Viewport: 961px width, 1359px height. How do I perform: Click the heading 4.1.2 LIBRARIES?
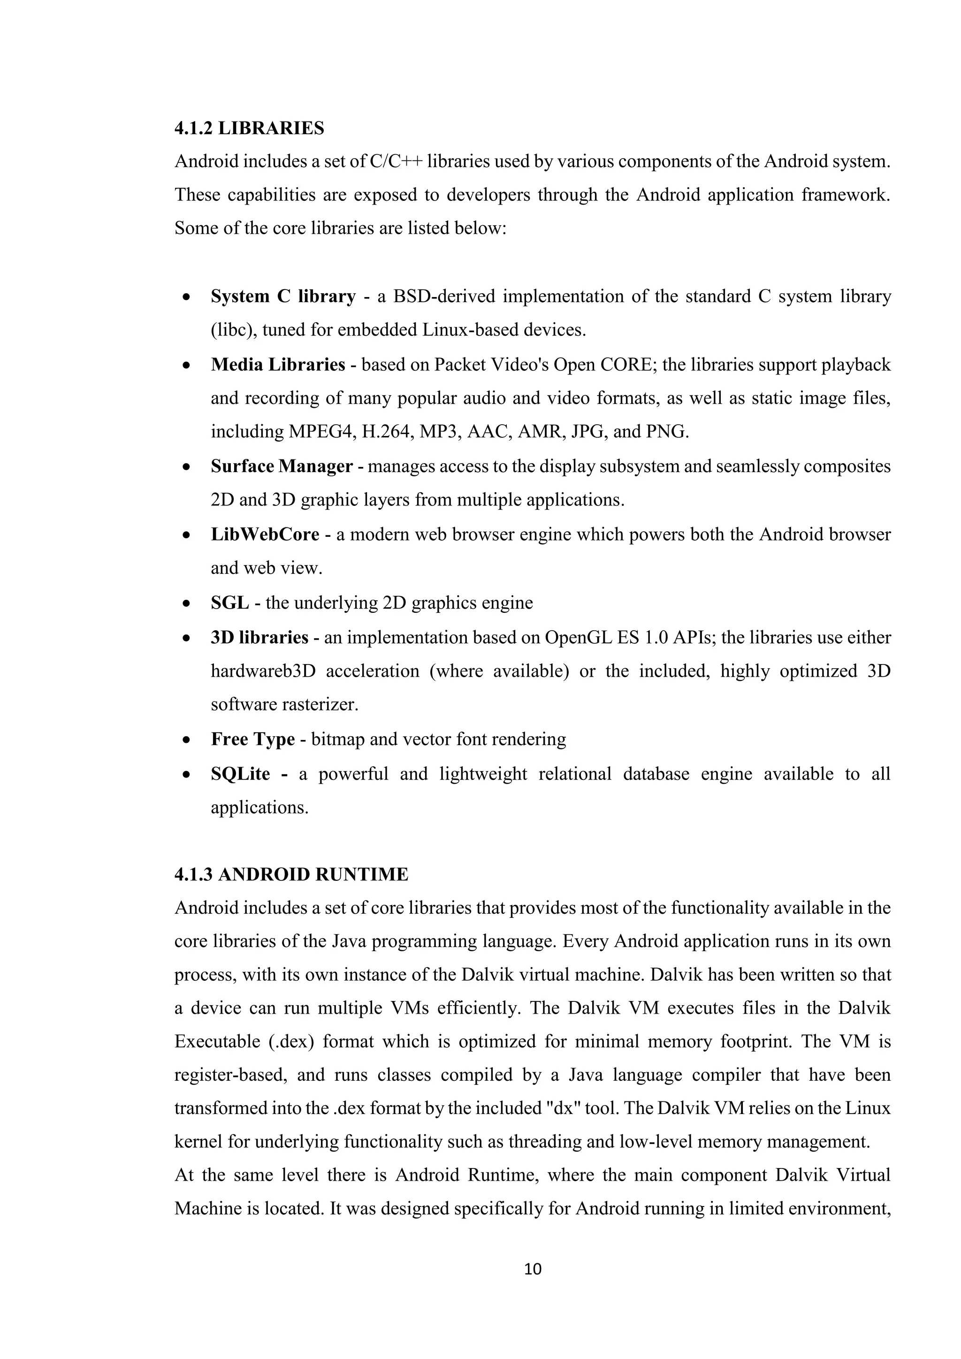pyautogui.click(x=249, y=129)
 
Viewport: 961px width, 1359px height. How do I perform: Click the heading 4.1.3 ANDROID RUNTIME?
pyautogui.click(x=291, y=874)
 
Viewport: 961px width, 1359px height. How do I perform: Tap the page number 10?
pyautogui.click(x=533, y=1268)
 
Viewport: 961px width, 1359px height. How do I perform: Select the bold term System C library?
pyautogui.click(x=283, y=296)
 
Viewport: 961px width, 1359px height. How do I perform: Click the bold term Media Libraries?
pyautogui.click(x=277, y=364)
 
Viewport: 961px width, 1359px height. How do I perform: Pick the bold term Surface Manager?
pyautogui.click(x=282, y=466)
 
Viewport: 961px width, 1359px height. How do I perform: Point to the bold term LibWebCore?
pyautogui.click(x=265, y=534)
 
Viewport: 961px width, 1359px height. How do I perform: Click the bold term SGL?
pyautogui.click(x=229, y=603)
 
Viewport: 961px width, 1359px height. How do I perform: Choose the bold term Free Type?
pyautogui.click(x=252, y=739)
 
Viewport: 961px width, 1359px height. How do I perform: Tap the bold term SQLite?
pyautogui.click(x=240, y=774)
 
